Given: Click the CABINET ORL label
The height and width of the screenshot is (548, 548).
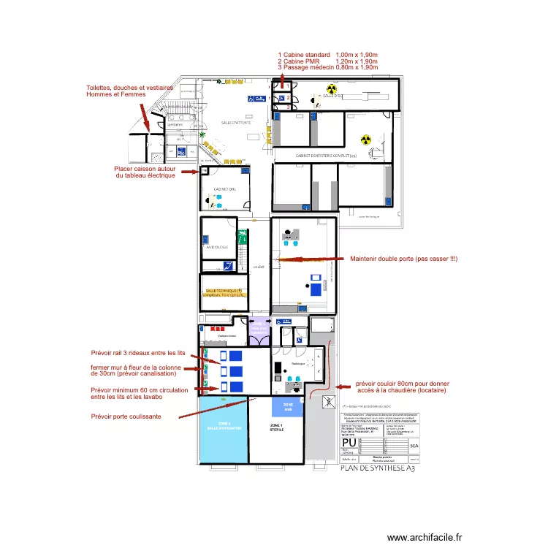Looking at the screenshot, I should [x=224, y=189].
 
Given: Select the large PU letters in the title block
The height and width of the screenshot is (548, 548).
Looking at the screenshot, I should [x=350, y=444].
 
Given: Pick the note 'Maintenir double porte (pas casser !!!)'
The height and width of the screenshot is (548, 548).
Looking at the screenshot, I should [x=403, y=259].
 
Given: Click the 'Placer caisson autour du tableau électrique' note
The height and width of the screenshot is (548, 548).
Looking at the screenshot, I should [x=145, y=172].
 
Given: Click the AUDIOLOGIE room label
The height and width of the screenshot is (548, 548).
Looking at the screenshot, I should [x=216, y=248].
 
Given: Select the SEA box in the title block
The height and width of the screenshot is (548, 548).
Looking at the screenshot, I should [x=414, y=444].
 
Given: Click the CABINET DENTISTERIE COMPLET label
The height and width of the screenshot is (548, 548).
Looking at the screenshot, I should [x=326, y=156].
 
